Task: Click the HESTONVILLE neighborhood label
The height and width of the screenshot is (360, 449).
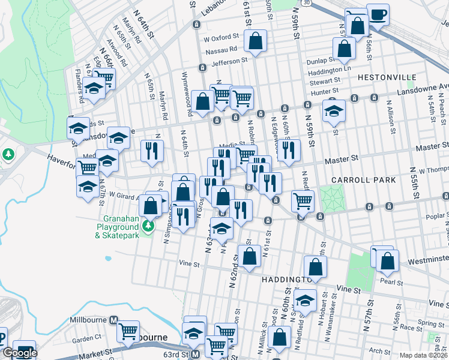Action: click(387, 77)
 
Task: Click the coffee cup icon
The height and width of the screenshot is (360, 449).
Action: click(378, 14)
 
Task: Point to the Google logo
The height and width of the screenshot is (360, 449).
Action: click(19, 353)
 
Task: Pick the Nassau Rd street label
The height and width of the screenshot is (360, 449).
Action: click(224, 49)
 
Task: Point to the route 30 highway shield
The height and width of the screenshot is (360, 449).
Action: click(307, 3)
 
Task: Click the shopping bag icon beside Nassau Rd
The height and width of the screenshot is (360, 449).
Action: click(255, 41)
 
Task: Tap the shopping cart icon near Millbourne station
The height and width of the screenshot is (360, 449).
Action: click(128, 331)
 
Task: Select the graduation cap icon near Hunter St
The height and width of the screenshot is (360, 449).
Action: click(334, 111)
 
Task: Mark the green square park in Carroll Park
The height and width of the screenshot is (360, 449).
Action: click(329, 197)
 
